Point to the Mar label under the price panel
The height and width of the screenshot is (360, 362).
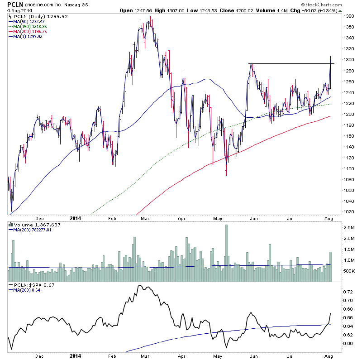(145, 217)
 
